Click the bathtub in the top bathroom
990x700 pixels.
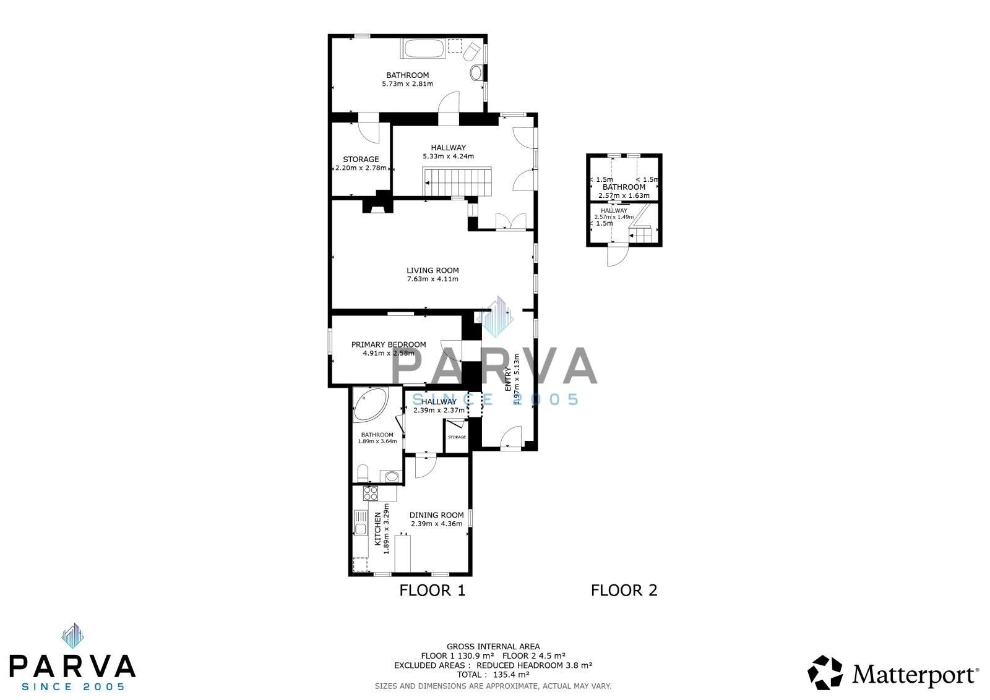[424, 49]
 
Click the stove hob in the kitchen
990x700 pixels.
[371, 493]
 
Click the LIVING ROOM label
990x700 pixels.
[433, 270]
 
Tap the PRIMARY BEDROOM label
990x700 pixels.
[389, 344]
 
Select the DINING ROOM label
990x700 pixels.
[436, 515]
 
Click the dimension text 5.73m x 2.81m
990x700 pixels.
[407, 84]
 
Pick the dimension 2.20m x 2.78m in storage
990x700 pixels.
[361, 168]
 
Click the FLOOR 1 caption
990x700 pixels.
[432, 591]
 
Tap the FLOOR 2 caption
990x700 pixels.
[624, 591]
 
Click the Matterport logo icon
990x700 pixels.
[825, 672]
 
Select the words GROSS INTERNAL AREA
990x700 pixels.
[493, 647]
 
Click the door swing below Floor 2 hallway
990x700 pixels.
[617, 255]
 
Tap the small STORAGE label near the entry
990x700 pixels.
[457, 437]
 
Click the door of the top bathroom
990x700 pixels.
[449, 103]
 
